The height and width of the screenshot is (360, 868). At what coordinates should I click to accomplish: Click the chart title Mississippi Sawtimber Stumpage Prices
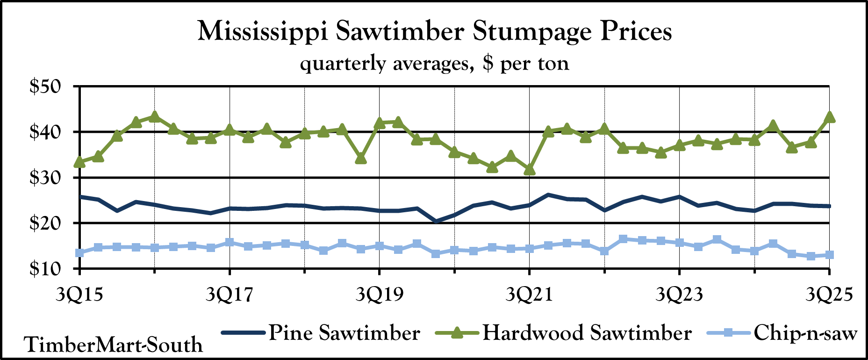434,32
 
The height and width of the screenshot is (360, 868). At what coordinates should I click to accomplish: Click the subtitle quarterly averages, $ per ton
434,63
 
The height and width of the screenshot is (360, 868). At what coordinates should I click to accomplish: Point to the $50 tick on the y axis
49,87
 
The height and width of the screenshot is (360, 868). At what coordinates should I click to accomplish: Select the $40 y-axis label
49,132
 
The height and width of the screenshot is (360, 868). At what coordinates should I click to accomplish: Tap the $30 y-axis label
49,178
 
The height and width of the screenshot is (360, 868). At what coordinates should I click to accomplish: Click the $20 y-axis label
49,223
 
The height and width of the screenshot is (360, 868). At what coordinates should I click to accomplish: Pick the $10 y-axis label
49,269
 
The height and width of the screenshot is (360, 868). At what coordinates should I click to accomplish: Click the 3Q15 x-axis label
79,295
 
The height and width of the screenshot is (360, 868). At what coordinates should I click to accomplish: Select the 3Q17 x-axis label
230,295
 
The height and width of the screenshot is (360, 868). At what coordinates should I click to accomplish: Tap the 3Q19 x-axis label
379,295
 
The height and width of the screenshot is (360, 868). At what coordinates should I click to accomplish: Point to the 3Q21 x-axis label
529,295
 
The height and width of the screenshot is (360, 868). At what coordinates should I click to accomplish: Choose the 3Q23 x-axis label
679,295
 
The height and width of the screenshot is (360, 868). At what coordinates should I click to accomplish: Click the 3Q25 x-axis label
829,295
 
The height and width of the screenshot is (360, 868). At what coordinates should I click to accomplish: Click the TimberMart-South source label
114,345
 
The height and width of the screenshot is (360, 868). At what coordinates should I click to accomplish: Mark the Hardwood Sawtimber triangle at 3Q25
829,117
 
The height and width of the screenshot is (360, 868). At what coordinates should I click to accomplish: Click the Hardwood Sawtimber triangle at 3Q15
80,162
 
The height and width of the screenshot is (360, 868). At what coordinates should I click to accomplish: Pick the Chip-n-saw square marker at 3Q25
829,255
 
